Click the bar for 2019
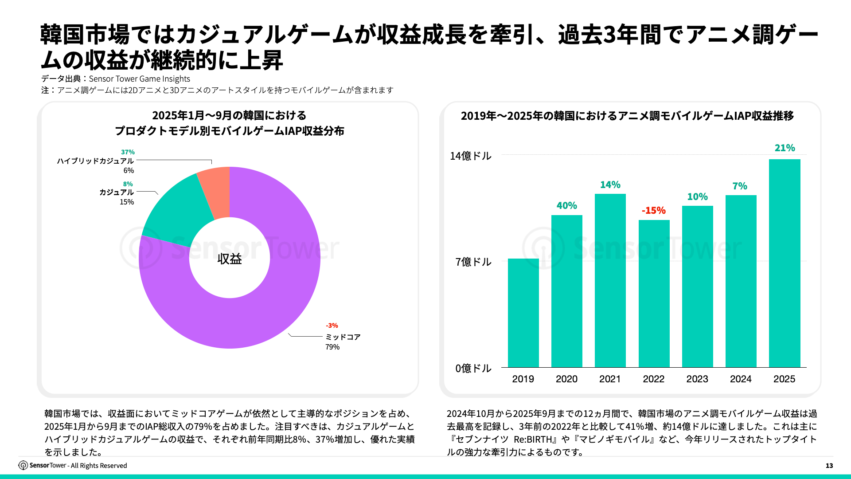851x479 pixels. (x=523, y=313)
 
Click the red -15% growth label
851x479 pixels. (x=654, y=210)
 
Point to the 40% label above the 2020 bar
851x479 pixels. (x=566, y=205)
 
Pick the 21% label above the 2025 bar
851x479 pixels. (x=785, y=148)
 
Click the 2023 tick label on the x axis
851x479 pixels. (x=697, y=379)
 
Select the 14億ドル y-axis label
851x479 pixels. (x=470, y=156)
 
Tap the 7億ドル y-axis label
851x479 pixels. (x=473, y=262)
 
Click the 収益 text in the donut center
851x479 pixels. (x=230, y=259)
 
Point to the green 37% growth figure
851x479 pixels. (x=128, y=152)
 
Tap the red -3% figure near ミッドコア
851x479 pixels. (x=332, y=325)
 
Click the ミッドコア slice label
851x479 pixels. (x=343, y=337)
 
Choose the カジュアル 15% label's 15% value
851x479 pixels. (x=127, y=202)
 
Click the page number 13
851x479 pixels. (x=829, y=465)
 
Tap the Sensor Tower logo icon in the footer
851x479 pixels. (x=23, y=465)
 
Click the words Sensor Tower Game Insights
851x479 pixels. (x=139, y=79)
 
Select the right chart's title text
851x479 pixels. (x=627, y=116)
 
